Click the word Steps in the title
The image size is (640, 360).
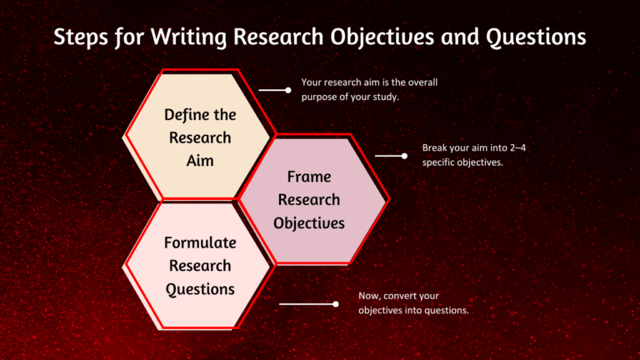click(80, 38)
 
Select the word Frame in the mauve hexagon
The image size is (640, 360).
click(309, 177)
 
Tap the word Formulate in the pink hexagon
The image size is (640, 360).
click(200, 243)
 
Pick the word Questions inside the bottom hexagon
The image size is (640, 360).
click(200, 288)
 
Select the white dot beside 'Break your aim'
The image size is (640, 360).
click(404, 155)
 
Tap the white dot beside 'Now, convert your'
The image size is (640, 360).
click(335, 304)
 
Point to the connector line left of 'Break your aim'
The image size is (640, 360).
click(388, 155)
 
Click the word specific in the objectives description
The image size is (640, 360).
click(440, 162)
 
